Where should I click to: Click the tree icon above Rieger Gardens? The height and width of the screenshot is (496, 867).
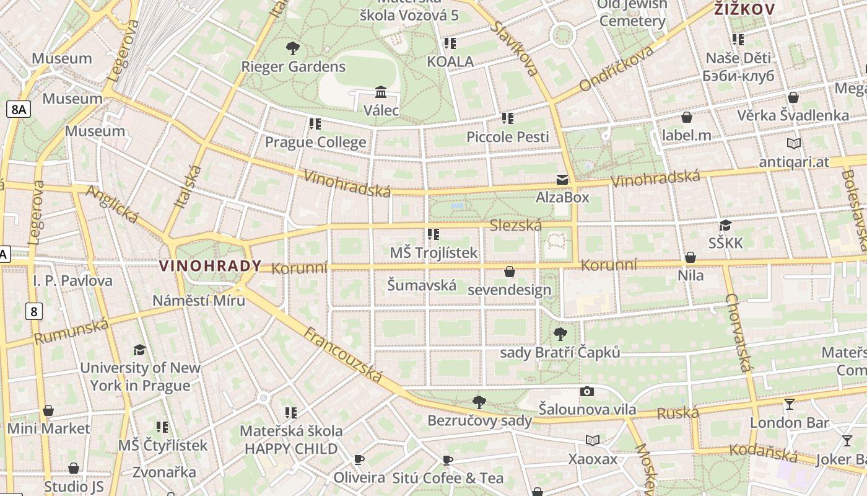pos(293,48)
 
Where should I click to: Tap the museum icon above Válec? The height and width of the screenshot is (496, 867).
pos(381,92)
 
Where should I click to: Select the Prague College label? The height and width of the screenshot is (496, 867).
pos(315,142)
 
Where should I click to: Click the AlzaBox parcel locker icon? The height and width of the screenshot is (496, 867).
pos(562,180)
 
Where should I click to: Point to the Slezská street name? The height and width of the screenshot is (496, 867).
pos(515,225)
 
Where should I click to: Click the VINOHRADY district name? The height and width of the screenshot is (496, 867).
pos(210,266)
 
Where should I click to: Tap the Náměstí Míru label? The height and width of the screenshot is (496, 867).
pos(199,300)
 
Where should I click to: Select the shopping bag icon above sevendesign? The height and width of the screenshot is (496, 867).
pos(509,272)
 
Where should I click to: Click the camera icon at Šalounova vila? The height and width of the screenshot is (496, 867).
pos(586,391)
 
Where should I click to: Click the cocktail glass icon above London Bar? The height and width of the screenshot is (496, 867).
pos(789,404)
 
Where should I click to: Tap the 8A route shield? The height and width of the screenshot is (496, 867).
pos(18,110)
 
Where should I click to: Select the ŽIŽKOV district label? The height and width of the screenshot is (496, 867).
pos(744,9)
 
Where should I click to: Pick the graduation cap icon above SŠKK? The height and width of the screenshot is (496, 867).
pos(725,225)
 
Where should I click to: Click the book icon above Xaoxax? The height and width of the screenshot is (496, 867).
pos(593,440)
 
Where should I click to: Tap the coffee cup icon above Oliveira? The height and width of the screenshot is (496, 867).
pos(359,459)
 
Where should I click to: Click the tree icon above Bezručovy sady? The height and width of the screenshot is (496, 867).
pos(479,402)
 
